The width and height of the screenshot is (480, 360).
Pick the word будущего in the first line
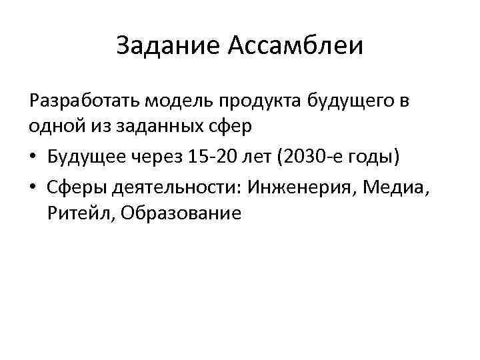click(353, 101)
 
